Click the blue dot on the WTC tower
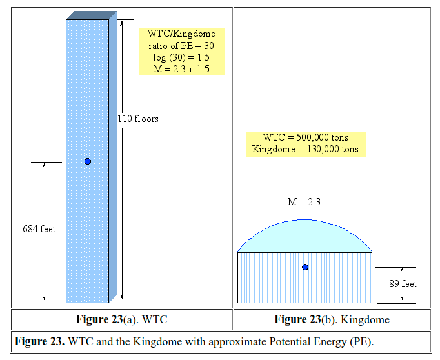pos(88,161)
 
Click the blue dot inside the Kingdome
pos(305,266)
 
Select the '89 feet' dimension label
pos(404,284)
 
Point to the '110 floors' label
pos(137,119)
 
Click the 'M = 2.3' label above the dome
pos(304,202)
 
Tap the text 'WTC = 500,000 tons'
pos(306,138)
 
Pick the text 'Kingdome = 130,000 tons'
pos(306,149)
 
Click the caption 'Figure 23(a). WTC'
pos(122,319)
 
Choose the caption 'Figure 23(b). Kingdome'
pos(332,319)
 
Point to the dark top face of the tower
pos(90,15)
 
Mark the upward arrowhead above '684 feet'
pos(45,166)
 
